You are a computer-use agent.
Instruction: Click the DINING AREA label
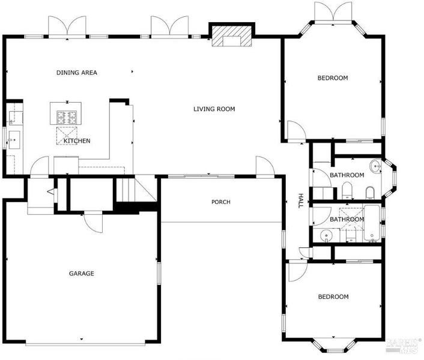[77, 73]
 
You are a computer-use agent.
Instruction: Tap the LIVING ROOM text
[214, 109]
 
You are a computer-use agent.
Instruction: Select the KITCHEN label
[77, 141]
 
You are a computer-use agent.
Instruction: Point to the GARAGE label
[82, 274]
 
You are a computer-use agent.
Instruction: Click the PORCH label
[221, 202]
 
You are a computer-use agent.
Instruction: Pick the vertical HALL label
[300, 200]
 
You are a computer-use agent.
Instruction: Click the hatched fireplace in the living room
[231, 36]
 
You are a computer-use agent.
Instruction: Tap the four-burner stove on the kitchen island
[67, 118]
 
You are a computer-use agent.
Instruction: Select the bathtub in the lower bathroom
[372, 223]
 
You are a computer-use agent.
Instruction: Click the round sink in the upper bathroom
[376, 165]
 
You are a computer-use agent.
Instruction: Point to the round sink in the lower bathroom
[326, 235]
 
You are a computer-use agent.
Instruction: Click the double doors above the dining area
[67, 26]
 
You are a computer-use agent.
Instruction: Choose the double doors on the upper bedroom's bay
[333, 12]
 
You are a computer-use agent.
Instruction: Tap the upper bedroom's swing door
[296, 131]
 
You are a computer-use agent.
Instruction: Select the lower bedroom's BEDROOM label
[333, 297]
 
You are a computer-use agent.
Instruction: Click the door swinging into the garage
[93, 222]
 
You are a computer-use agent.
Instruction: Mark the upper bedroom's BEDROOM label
[333, 78]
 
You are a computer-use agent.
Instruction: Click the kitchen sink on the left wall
[14, 140]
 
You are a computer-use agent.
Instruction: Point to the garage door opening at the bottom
[85, 344]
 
